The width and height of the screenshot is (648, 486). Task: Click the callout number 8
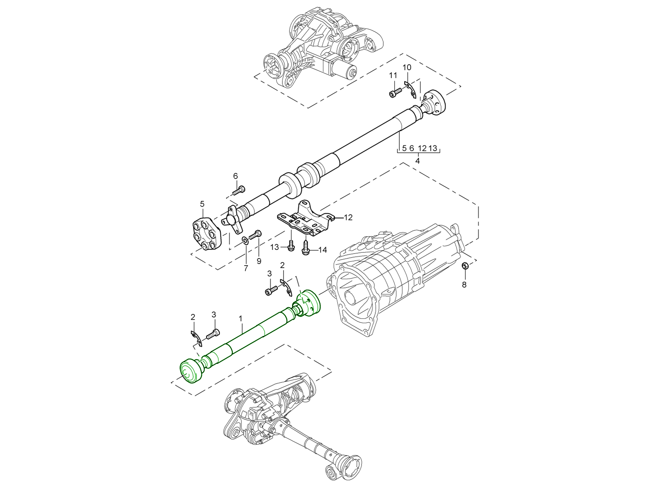click(x=464, y=284)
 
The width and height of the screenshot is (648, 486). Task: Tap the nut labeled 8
click(x=465, y=266)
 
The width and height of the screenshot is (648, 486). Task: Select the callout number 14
click(x=322, y=250)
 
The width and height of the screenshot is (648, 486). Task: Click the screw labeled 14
click(x=306, y=248)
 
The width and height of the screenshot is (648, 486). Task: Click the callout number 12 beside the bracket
click(x=348, y=217)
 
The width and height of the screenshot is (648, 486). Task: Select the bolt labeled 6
click(x=239, y=189)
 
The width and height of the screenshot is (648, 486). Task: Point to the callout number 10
click(x=407, y=67)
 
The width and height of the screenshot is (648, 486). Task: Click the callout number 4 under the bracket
click(x=418, y=160)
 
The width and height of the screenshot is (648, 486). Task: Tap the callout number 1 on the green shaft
click(x=241, y=319)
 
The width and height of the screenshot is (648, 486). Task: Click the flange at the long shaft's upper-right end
click(x=435, y=102)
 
